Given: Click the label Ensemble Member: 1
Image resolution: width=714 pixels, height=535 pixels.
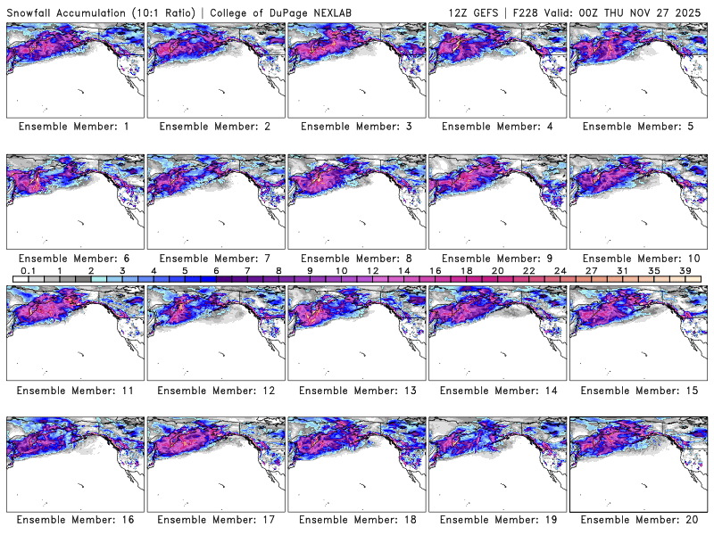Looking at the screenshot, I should (74, 127).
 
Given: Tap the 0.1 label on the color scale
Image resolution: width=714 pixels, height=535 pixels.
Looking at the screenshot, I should (28, 270).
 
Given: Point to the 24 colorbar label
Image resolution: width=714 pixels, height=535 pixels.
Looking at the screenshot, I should (560, 270).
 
